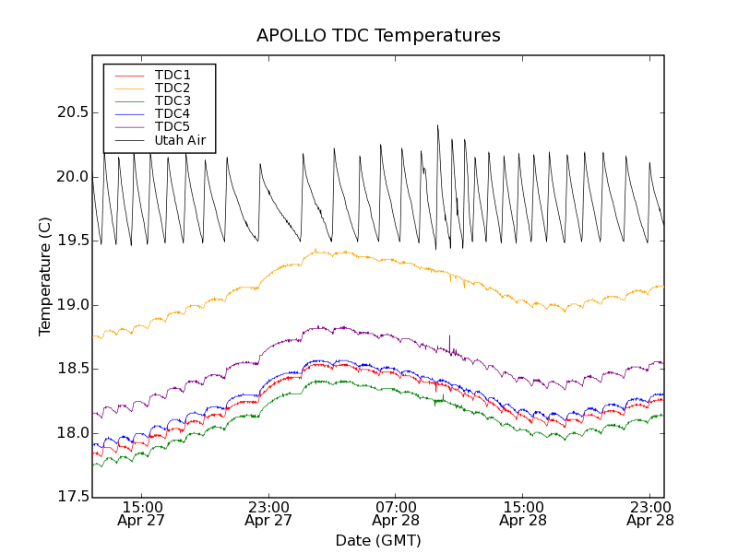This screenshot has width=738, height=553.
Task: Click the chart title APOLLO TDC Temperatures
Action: coord(378,36)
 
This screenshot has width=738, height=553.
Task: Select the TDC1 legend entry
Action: coord(173,75)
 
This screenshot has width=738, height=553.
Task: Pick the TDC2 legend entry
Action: coord(173,88)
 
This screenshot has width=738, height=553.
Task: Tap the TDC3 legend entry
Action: coord(173,100)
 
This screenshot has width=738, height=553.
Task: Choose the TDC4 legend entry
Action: coord(173,113)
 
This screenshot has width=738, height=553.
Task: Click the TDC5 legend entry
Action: coord(173,127)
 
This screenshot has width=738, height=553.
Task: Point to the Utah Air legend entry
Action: coord(180,140)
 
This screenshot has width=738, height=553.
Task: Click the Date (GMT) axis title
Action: coord(378,540)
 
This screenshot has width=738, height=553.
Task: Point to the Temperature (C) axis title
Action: coord(45,276)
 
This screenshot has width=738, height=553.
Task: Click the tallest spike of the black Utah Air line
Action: coord(437,126)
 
